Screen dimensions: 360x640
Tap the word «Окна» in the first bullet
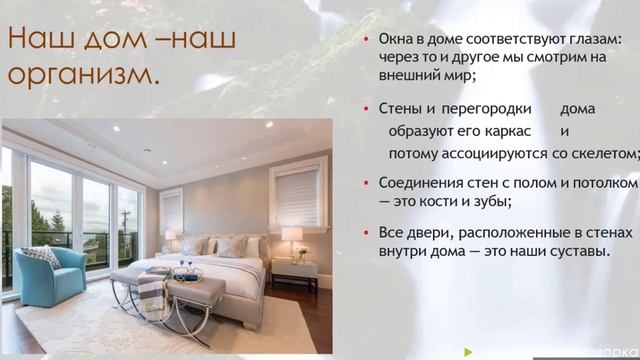(x=397, y=39)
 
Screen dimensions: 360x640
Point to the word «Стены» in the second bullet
(x=401, y=107)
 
